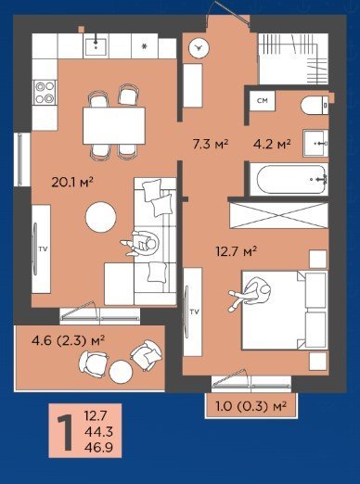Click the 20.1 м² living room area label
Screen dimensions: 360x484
[72, 182]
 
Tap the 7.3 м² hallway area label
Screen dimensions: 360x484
[211, 144]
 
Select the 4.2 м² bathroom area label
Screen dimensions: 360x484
[272, 144]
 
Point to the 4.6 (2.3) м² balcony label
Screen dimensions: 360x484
[68, 340]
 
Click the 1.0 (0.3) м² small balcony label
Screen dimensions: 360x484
[251, 406]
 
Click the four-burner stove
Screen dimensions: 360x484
[45, 92]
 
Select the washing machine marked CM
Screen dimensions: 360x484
[263, 101]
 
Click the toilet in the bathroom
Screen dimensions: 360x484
[315, 105]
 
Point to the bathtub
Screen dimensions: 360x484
[289, 180]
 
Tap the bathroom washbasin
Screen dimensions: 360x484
[315, 143]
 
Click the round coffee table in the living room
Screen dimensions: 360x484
[101, 217]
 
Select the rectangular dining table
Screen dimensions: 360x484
[114, 125]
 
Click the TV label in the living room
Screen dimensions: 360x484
[43, 248]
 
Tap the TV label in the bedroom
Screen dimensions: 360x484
[195, 312]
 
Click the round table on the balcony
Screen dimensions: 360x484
[121, 372]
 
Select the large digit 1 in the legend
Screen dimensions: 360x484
[65, 432]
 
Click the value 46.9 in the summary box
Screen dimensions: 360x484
[98, 447]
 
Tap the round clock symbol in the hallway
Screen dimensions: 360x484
[199, 48]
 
